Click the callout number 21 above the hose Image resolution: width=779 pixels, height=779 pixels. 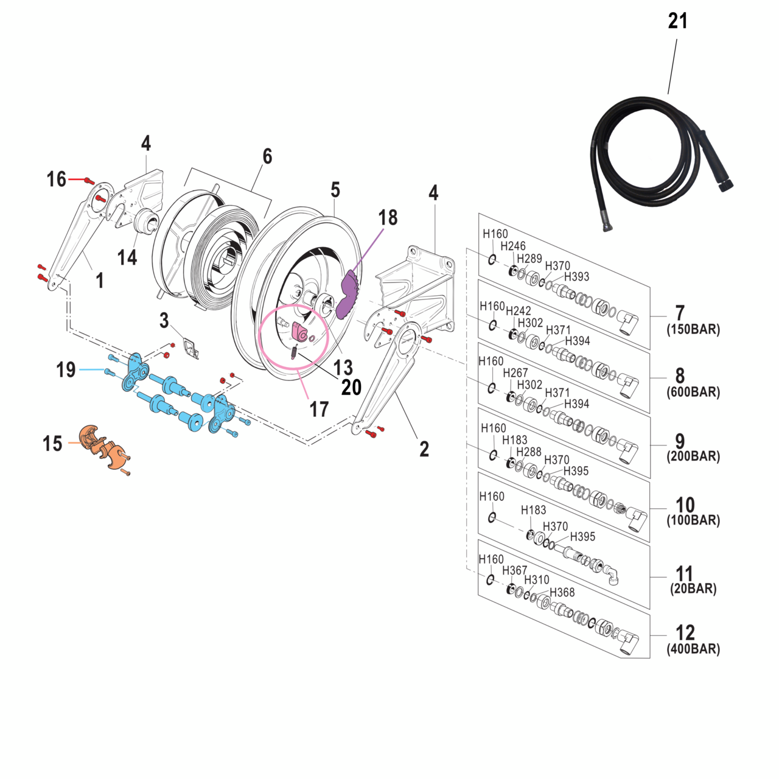coord(677,21)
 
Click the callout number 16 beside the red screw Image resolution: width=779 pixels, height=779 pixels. coord(57,180)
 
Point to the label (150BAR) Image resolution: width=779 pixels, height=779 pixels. coord(693,330)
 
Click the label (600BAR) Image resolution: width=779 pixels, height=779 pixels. coord(693,393)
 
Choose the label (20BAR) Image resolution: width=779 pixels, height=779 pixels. coord(693,589)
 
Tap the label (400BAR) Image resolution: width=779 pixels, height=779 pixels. coord(693,649)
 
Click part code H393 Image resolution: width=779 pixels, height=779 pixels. coord(576,277)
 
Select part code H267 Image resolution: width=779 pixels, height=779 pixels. coord(515,373)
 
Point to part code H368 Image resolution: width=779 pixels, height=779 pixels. coord(562,593)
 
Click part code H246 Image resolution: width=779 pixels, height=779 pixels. coord(512,246)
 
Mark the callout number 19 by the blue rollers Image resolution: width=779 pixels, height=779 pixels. coord(66,369)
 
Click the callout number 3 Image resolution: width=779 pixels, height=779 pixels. coord(164,321)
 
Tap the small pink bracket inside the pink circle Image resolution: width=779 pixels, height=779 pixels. coord(300,332)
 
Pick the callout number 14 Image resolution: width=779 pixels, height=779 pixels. coord(127,257)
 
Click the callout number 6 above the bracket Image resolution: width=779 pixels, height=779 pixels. coord(267,157)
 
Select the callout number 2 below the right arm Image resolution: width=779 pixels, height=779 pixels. coord(424,449)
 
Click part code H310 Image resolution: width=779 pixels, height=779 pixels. coord(536,581)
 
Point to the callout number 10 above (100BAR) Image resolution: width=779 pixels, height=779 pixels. coord(685,505)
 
